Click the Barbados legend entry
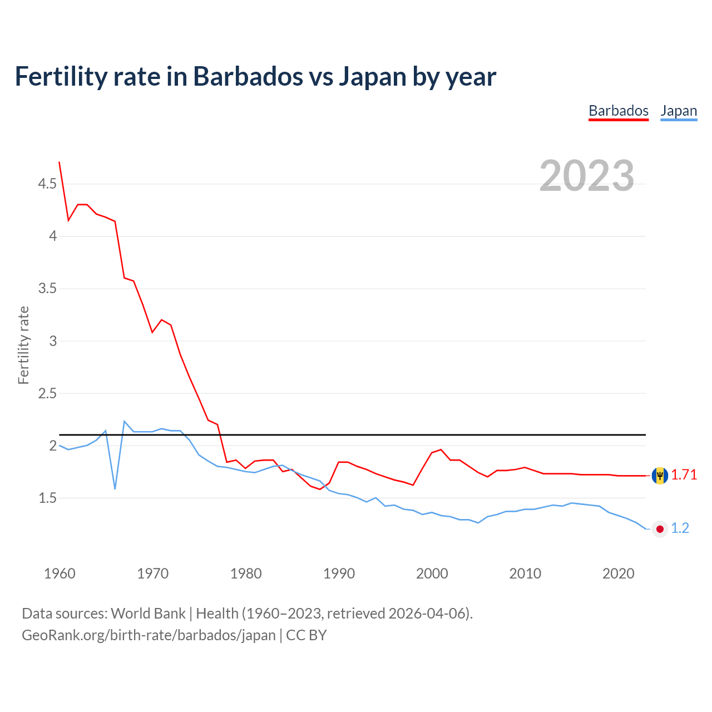click(x=619, y=111)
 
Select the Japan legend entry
click(x=679, y=111)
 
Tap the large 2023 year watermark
click(x=587, y=176)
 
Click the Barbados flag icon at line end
click(x=660, y=476)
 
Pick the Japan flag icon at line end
click(x=660, y=528)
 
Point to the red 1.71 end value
click(x=684, y=474)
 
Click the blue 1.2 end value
click(x=680, y=528)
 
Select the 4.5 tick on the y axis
click(x=47, y=184)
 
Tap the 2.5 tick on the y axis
click(x=47, y=393)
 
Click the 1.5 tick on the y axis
click(x=47, y=498)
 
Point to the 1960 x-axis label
click(x=60, y=573)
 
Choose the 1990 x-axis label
click(x=339, y=573)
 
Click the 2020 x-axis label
click(x=618, y=573)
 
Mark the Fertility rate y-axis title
click(x=23, y=345)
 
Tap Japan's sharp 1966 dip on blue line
click(x=115, y=488)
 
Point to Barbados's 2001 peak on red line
click(x=441, y=449)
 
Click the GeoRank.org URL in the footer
click(x=149, y=635)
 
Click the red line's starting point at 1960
click(x=60, y=162)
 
